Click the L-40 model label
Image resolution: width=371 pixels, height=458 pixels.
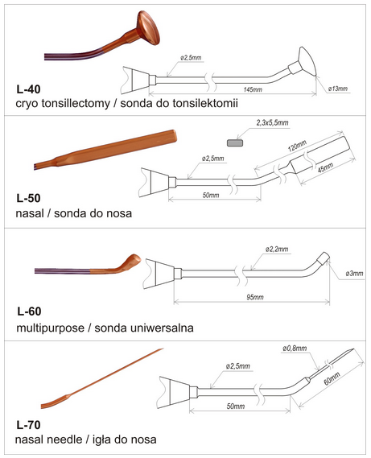click(28, 89)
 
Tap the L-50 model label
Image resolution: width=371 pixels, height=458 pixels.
click(28, 198)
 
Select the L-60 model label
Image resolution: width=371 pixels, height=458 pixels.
click(29, 312)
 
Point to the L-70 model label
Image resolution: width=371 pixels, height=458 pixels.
click(28, 425)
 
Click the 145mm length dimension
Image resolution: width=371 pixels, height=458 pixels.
click(253, 89)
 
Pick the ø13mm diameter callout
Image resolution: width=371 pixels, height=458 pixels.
click(338, 89)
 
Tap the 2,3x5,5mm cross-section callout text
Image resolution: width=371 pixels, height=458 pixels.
click(272, 122)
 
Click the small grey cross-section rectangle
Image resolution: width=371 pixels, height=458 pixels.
click(235, 142)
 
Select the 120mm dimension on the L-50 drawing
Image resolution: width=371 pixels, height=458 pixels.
click(297, 146)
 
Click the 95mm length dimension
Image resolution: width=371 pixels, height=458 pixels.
click(255, 297)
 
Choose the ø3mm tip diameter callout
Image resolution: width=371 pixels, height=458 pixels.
click(354, 274)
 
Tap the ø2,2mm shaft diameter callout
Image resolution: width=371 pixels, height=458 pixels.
click(277, 250)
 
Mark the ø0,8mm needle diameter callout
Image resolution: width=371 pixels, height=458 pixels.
click(295, 349)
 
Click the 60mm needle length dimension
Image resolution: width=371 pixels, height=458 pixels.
click(332, 378)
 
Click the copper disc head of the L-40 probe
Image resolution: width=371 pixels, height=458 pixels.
click(148, 27)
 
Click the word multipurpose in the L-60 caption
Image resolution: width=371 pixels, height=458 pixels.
click(50, 328)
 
